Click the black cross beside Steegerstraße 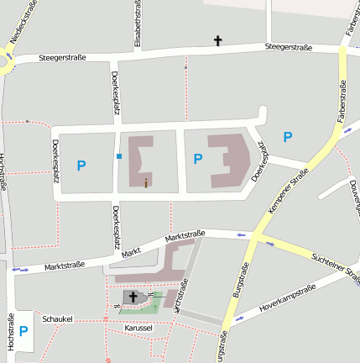click(x=219, y=39)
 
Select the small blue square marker click(x=120, y=156)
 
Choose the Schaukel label click(x=58, y=319)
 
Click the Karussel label click(x=137, y=328)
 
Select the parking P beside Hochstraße click(x=23, y=331)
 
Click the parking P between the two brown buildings click(x=198, y=159)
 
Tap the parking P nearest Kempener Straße click(x=288, y=137)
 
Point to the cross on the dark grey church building click(x=133, y=297)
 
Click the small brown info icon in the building click(x=146, y=181)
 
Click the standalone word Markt click(x=130, y=252)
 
